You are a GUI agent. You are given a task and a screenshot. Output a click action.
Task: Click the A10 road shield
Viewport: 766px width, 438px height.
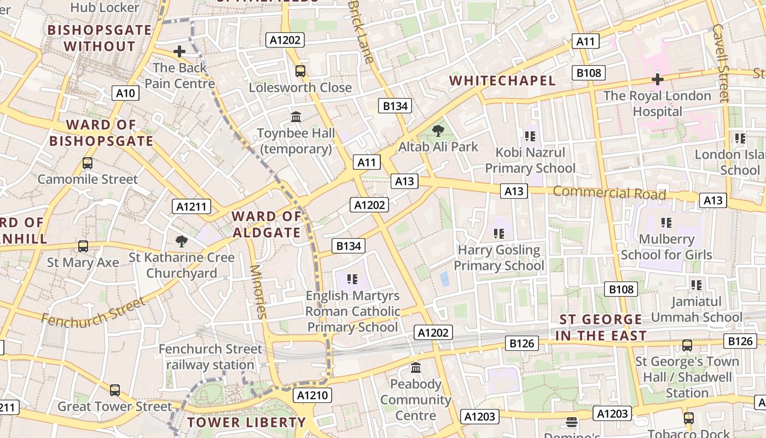[x=125, y=93]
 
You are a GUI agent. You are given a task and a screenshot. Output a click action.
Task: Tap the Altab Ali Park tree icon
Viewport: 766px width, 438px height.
[x=438, y=130]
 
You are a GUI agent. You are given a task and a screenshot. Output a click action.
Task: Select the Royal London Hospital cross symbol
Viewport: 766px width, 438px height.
[x=657, y=79]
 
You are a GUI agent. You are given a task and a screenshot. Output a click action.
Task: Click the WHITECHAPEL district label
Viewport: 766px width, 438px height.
[x=502, y=81]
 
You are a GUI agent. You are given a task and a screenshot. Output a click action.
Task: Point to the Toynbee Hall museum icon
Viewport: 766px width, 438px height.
[x=297, y=117]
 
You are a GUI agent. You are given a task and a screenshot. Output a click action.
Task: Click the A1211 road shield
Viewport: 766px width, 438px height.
[x=191, y=206]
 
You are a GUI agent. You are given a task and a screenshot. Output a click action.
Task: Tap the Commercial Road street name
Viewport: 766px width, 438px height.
[x=609, y=193]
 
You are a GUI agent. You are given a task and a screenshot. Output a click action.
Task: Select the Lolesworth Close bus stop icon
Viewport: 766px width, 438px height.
[x=300, y=71]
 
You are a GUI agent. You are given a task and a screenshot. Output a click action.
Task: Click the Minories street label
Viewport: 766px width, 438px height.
[x=257, y=291]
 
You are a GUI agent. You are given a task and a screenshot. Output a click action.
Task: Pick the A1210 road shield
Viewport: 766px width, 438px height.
[x=312, y=395]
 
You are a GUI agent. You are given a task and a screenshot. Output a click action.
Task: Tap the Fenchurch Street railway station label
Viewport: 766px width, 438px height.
[x=210, y=356]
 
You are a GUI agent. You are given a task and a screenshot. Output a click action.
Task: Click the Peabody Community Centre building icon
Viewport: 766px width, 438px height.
[x=415, y=367]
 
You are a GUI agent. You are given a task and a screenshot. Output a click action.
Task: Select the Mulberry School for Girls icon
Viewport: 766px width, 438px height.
[x=666, y=222]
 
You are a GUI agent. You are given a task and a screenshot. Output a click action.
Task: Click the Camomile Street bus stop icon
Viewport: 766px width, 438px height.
[x=87, y=163]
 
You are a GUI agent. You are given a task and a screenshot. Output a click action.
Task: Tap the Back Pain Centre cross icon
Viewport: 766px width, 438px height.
[x=179, y=51]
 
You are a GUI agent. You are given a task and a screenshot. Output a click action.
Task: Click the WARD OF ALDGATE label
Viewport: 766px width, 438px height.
[x=266, y=224]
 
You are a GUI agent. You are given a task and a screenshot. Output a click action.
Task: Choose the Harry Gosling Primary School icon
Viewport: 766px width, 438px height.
[x=498, y=234]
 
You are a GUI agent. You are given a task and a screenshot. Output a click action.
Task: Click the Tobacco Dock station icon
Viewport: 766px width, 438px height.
[x=688, y=418]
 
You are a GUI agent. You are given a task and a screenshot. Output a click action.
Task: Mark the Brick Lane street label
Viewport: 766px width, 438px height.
[x=362, y=30]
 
